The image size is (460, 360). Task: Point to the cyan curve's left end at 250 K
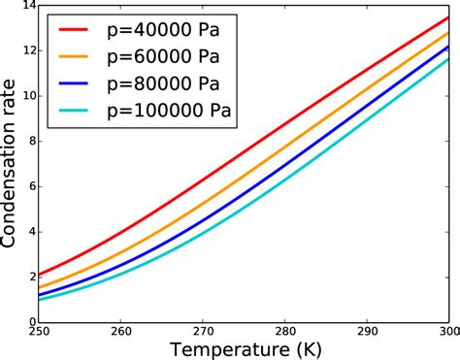(x=38, y=300)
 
